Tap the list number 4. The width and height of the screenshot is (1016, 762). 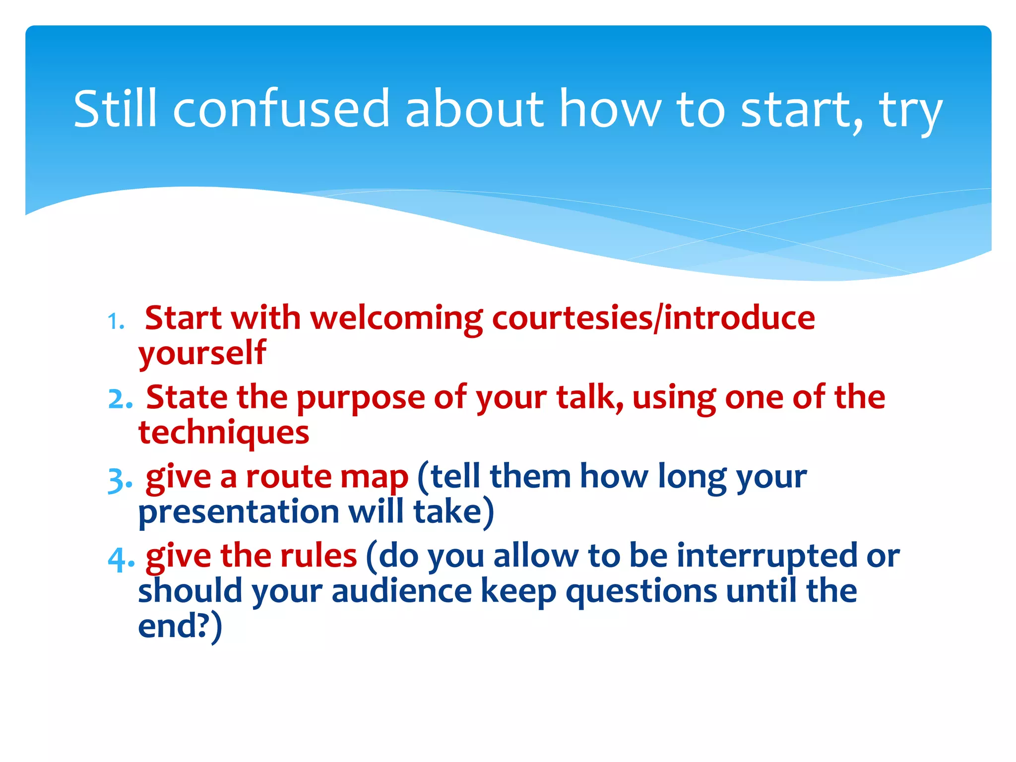coord(121,560)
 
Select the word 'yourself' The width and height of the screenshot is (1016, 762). coord(202,353)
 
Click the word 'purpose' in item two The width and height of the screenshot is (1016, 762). coord(361,398)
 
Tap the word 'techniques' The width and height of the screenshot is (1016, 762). coord(224,433)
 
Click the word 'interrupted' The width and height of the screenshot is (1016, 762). coord(766,556)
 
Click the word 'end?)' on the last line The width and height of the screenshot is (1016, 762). coord(180,626)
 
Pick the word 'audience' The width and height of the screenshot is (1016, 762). coord(401,591)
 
